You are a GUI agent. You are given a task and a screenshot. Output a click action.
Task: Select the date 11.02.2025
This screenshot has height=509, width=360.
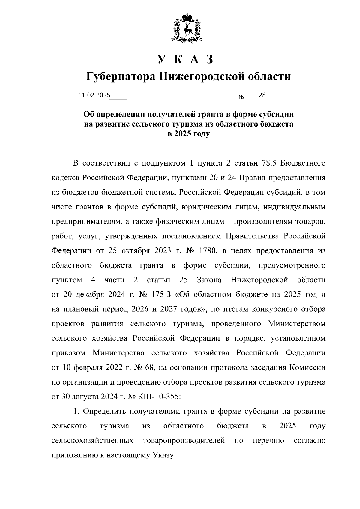click(94, 95)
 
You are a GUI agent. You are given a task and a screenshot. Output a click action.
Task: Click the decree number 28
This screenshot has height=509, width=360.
click(262, 95)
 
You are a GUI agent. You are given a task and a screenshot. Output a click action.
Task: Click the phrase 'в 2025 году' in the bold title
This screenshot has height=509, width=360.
click(188, 134)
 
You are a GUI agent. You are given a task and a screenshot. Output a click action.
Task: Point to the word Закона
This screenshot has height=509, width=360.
click(209, 280)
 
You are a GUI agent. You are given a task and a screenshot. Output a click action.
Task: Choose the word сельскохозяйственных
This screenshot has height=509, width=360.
click(92, 440)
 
